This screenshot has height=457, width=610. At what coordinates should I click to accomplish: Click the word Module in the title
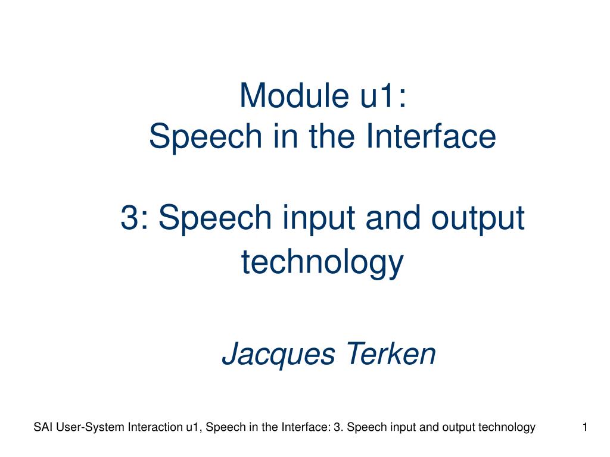[294, 95]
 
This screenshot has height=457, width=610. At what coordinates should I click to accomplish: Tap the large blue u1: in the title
[383, 96]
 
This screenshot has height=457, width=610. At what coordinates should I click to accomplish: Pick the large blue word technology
[322, 263]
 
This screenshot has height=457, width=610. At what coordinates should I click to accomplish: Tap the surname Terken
[391, 353]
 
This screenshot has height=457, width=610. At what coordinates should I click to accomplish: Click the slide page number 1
[585, 427]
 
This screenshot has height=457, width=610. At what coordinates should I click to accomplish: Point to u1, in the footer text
[194, 427]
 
